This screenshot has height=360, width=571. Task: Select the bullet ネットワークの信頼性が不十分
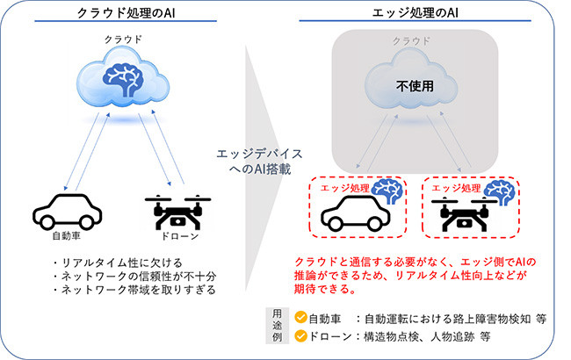coord(133,276)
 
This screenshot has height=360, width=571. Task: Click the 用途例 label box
coord(276,326)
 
